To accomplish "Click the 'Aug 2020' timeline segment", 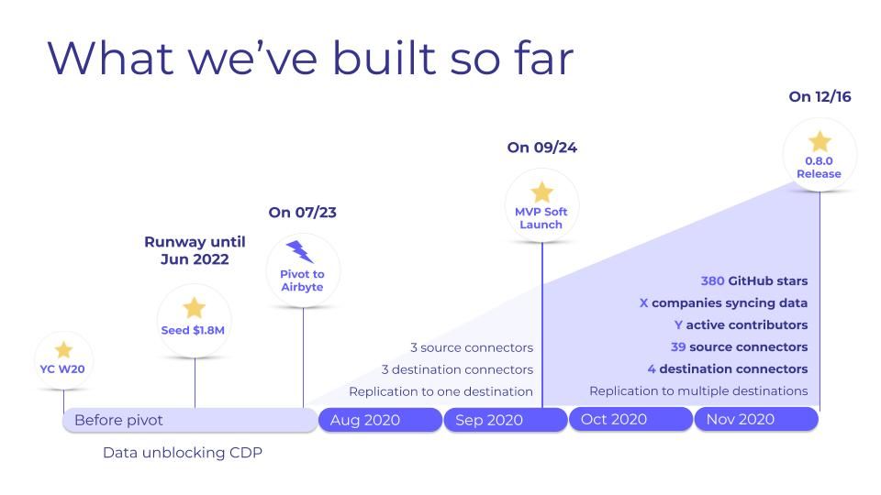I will coord(380,420).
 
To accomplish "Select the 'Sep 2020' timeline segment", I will coord(506,420).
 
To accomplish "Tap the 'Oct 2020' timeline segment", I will coord(630,419).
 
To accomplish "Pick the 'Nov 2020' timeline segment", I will coord(756,419).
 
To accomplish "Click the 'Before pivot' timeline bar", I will coord(189,420).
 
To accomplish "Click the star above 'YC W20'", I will coord(63,350).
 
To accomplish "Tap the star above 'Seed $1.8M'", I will coord(194,308).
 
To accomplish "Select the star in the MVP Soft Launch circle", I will coord(541,192).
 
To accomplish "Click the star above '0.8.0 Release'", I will coord(819,141).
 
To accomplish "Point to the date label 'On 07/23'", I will coord(303,213).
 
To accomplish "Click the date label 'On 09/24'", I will coord(541,148).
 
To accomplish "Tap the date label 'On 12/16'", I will coord(820,96).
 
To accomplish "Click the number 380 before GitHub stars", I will coord(712,281).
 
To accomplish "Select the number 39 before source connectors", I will coord(678,347).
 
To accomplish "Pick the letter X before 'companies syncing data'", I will coord(643,303).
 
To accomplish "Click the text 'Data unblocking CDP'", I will coord(183,453).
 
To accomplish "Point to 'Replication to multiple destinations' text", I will coord(698,391).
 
